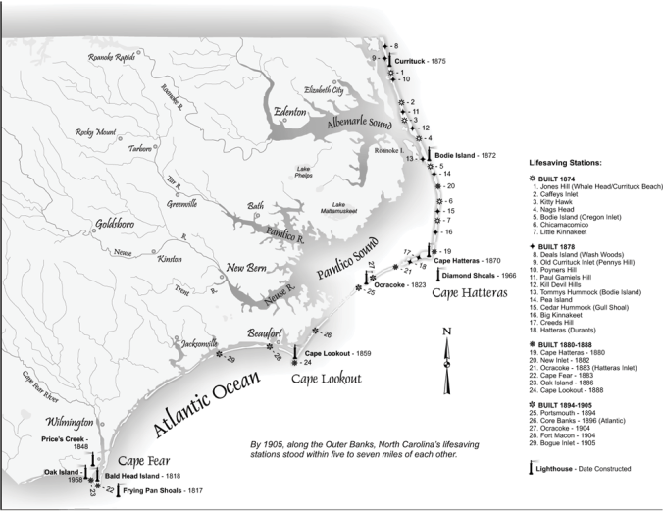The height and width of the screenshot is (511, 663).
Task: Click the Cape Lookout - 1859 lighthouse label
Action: click(337, 353)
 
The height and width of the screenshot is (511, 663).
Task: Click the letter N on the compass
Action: click(446, 332)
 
